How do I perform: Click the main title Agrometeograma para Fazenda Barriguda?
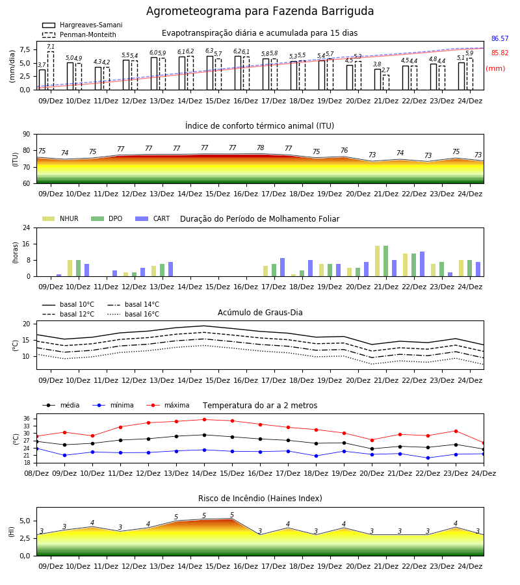259,11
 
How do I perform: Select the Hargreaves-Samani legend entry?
82,25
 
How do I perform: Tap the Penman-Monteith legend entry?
79,34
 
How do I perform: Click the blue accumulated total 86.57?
500,38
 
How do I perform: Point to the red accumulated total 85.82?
500,53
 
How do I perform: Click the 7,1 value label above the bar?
51,47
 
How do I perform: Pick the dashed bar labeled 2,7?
386,83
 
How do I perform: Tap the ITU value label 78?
261,148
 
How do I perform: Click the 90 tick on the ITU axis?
27,135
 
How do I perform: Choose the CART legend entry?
153,218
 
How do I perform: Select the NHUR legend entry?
60,218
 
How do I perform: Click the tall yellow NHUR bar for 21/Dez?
378,261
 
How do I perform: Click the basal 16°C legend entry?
133,314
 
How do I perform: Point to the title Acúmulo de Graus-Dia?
260,313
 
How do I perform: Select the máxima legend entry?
168,405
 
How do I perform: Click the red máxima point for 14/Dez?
204,420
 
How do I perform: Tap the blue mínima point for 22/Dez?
428,458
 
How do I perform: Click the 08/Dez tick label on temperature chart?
36,473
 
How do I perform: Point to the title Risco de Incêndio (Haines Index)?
260,499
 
